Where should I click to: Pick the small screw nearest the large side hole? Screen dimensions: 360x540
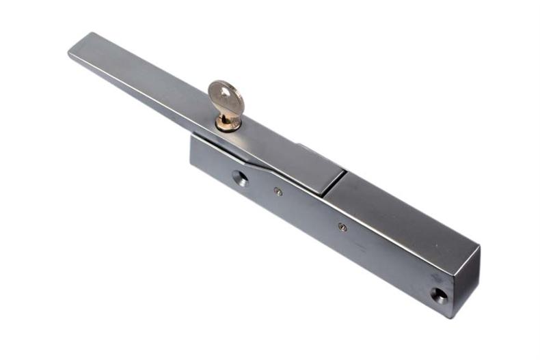pyautogui.click(x=278, y=192)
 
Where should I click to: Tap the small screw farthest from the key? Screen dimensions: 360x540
pyautogui.click(x=342, y=227)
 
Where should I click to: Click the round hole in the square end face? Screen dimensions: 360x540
pyautogui.click(x=437, y=295)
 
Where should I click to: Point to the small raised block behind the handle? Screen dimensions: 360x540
pyautogui.click(x=305, y=146)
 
